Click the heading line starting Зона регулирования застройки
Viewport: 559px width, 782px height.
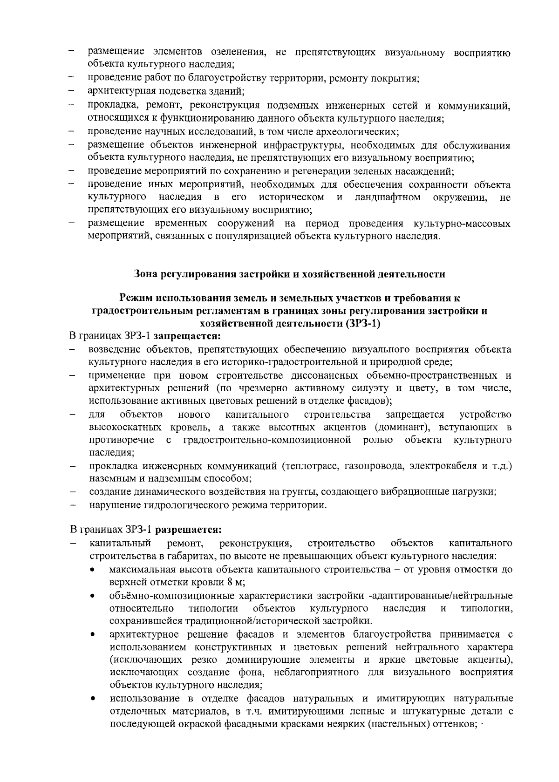click(x=289, y=274)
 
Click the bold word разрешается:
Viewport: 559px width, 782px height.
click(x=188, y=530)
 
